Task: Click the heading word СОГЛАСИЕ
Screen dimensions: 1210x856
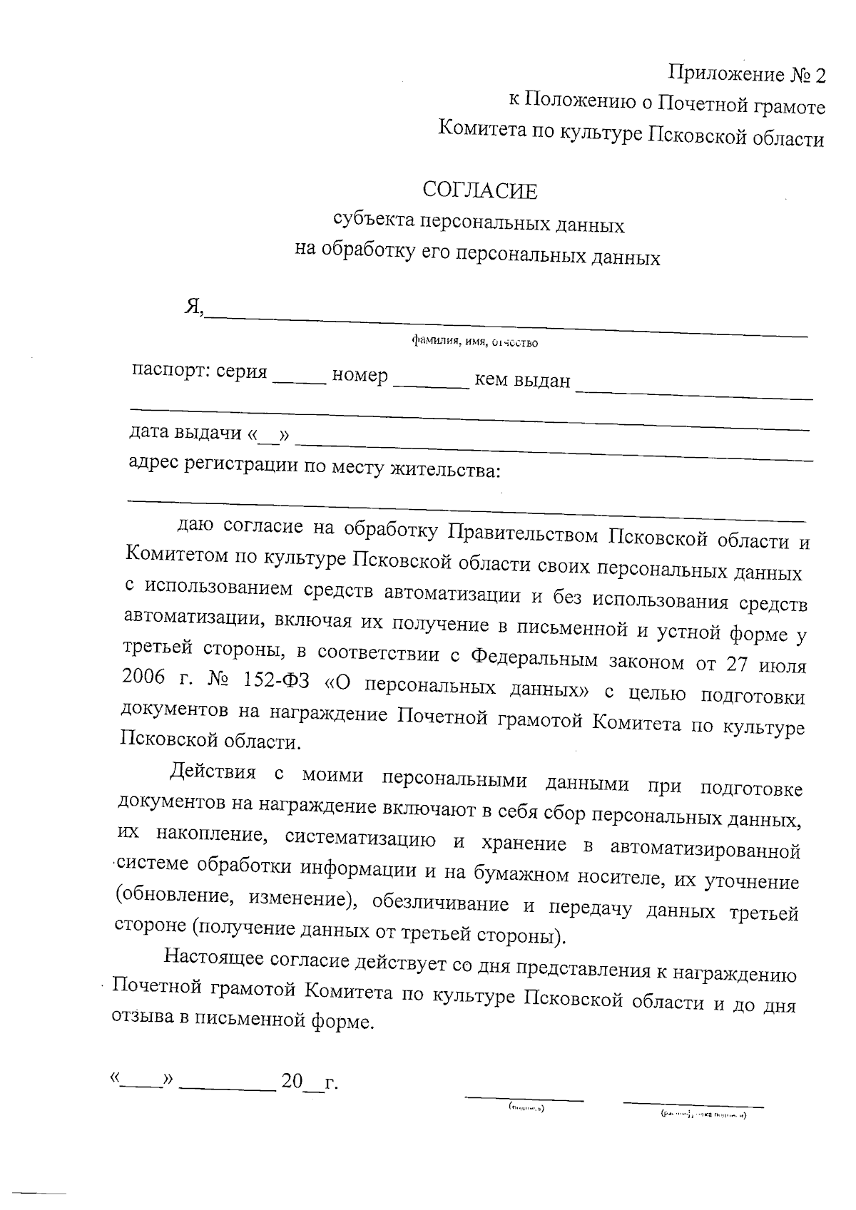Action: tap(479, 190)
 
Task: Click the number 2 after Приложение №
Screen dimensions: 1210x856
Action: tap(819, 75)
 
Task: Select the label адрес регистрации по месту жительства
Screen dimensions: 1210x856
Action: tap(314, 467)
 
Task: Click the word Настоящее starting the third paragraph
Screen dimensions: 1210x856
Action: tap(214, 958)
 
